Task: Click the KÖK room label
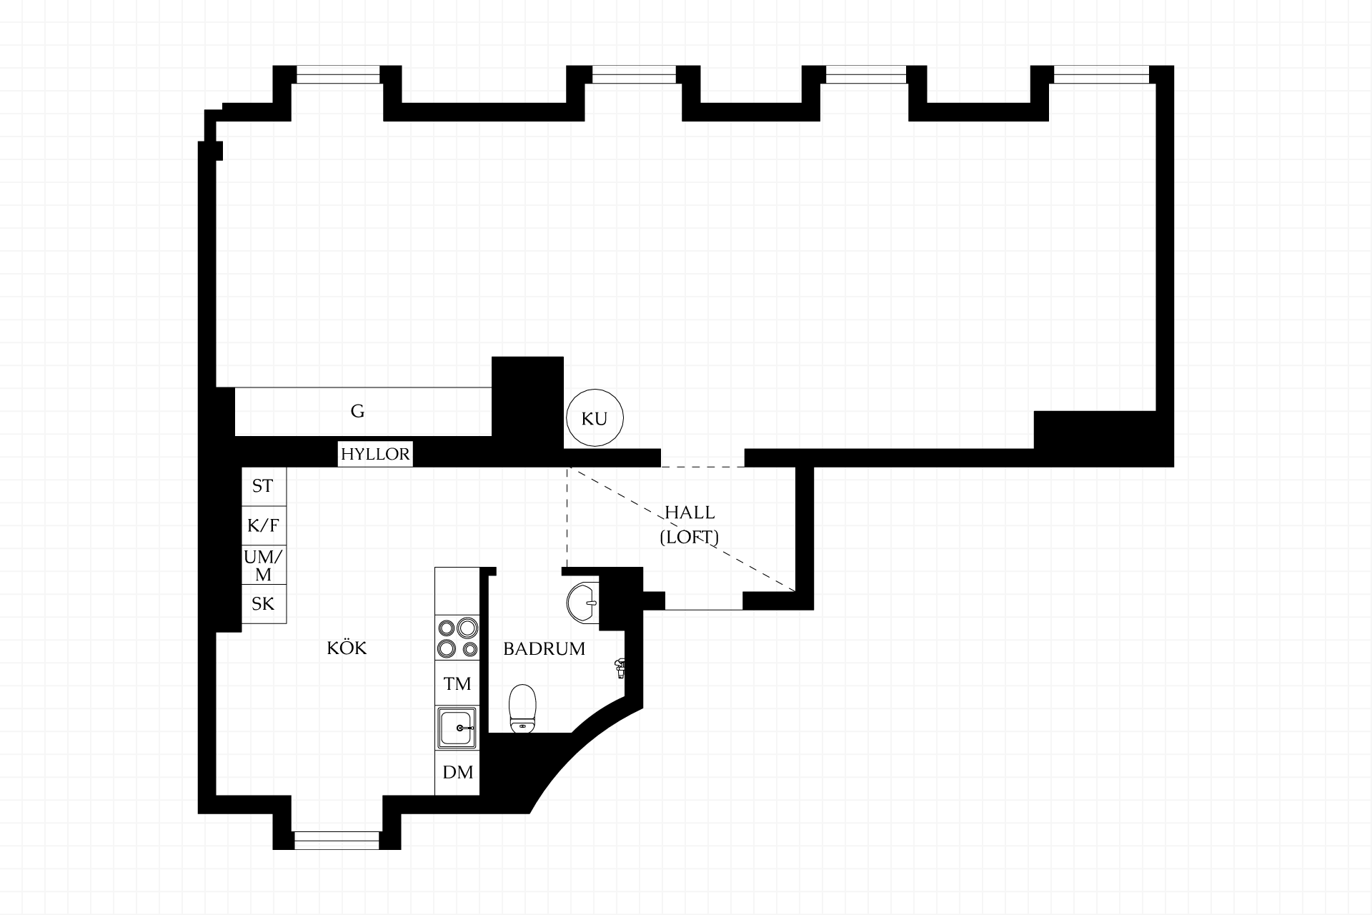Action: tap(347, 648)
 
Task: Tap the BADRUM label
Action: tap(544, 649)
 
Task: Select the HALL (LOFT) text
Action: tap(689, 525)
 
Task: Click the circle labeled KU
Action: tap(595, 418)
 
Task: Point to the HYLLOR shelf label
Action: tap(375, 454)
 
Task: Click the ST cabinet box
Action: tap(264, 487)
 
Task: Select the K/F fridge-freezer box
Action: tap(264, 526)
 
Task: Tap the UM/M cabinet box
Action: tap(264, 565)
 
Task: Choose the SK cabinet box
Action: tap(264, 604)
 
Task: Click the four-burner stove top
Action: tap(457, 638)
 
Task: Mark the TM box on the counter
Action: tap(457, 684)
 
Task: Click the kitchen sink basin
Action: tap(457, 728)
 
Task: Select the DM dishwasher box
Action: tap(457, 773)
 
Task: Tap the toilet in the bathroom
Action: tap(522, 709)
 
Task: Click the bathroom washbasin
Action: tap(583, 602)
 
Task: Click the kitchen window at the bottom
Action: tap(337, 841)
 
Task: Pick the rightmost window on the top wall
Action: tap(1101, 74)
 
